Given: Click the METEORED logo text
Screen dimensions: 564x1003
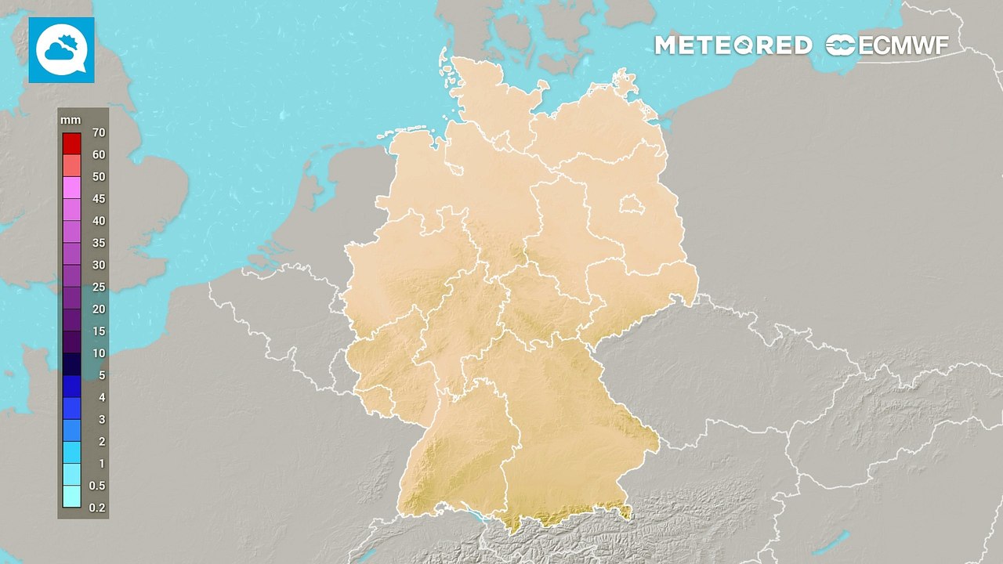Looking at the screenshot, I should click(733, 45).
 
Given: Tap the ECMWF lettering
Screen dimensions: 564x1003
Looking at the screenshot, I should click(903, 45).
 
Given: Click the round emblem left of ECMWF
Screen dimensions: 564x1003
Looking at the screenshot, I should click(841, 45).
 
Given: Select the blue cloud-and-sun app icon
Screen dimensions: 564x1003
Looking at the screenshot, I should click(61, 50).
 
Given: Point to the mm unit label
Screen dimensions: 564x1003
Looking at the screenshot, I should click(70, 120).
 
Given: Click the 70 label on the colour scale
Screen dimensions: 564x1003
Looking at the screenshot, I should click(98, 132).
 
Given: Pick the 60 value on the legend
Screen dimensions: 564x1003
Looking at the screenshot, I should click(98, 154).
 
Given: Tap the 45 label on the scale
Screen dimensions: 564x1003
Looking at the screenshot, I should click(98, 199).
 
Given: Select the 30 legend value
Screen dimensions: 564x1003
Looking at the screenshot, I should click(98, 265).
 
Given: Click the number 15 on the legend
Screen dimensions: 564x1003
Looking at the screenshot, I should click(98, 331).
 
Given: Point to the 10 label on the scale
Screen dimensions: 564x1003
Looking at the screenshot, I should click(98, 353).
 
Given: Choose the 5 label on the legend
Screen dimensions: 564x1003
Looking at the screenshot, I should click(100, 375).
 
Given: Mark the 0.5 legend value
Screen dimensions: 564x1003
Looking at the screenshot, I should click(96, 486).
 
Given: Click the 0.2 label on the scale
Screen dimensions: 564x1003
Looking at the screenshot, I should click(96, 508).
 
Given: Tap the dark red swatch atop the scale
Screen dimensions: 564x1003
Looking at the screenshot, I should click(71, 143).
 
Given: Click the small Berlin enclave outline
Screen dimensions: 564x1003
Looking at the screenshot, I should click(629, 205).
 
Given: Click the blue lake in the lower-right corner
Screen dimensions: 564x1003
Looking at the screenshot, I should click(840, 540).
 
